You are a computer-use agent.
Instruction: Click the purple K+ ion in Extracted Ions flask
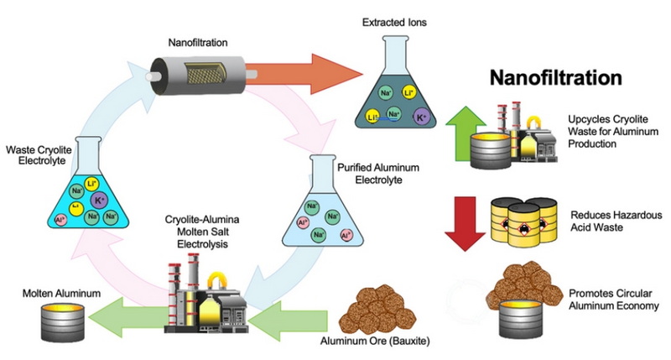[421, 120]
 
